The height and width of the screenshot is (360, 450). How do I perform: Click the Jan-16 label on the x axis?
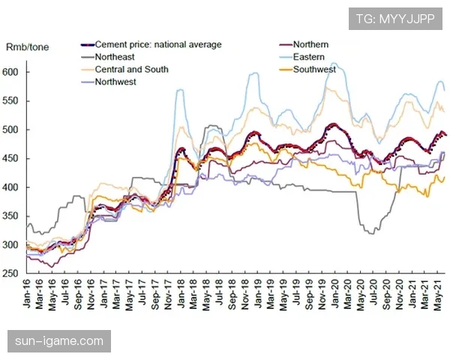point(29,298)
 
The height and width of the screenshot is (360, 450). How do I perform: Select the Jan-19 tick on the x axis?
point(259,298)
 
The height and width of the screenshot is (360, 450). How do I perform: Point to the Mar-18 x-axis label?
point(196,298)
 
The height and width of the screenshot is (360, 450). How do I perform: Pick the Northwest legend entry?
point(115,82)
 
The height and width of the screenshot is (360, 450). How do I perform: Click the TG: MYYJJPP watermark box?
point(394,17)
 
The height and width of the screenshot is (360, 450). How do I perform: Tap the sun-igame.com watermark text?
point(59,341)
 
